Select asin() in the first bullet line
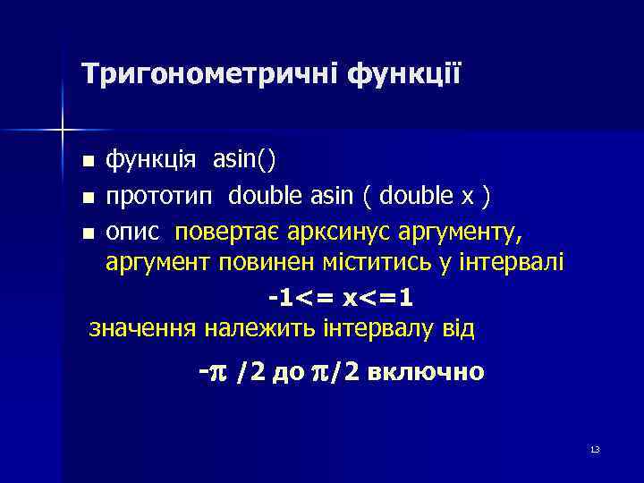[x=244, y=160]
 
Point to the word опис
[x=134, y=232]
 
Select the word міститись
[x=358, y=262]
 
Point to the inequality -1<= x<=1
[x=341, y=296]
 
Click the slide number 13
[x=595, y=449]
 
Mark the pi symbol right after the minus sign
[x=218, y=370]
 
